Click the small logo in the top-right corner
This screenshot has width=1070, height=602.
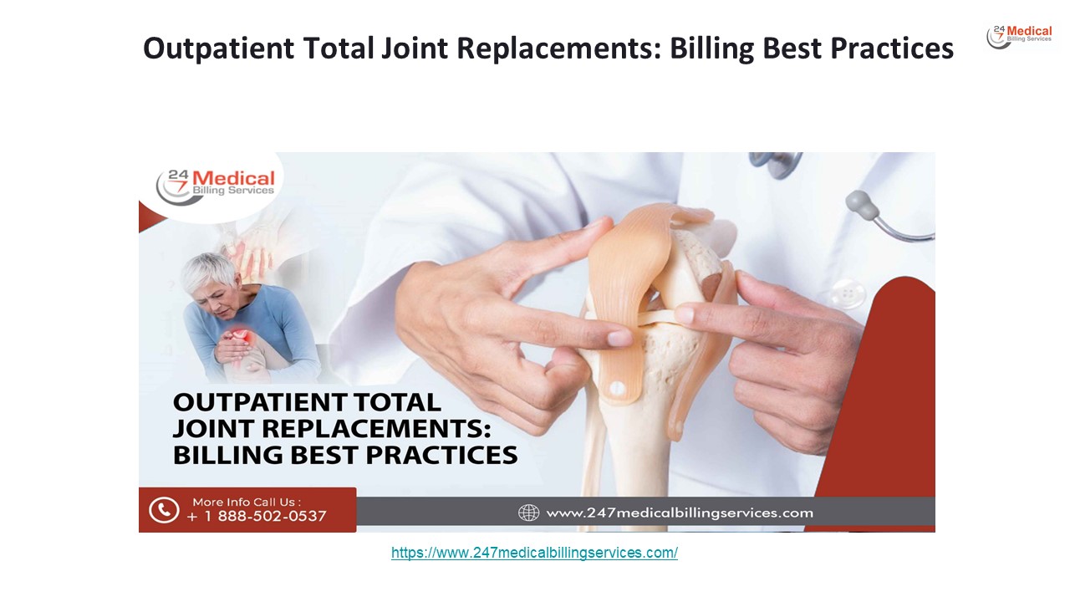coord(1019,37)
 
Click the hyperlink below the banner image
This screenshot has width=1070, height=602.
coord(534,553)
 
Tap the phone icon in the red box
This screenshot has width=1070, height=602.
coord(164,510)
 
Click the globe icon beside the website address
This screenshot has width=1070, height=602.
coord(528,513)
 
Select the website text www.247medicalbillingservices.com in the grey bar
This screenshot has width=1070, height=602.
coord(680,513)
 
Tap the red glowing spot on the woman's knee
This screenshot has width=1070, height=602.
coord(241,335)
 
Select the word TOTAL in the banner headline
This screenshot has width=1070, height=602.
coord(397,402)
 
